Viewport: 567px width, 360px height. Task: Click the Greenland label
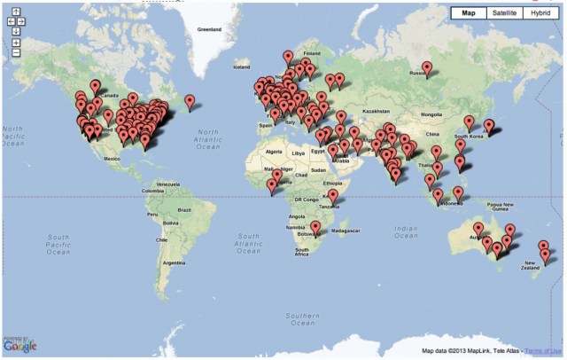point(209,29)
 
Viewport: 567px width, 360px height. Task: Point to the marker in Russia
point(427,67)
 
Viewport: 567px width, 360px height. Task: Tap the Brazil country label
point(184,209)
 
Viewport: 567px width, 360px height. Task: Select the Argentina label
point(174,262)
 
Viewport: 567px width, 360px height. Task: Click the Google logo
point(19,345)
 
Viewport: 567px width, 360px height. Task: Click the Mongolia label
point(431,114)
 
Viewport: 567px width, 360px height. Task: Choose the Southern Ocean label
point(301,317)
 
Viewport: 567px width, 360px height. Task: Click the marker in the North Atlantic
point(190,102)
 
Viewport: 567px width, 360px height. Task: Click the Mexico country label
point(111,158)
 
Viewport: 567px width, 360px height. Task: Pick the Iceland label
point(240,67)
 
